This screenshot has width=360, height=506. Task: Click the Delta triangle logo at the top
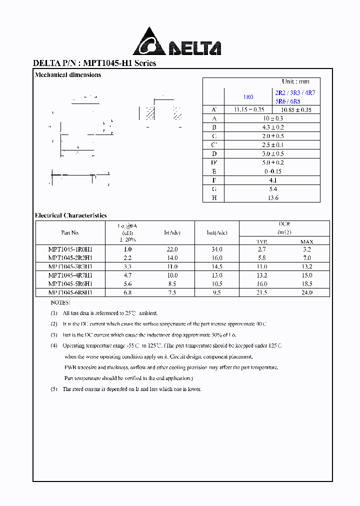tap(149, 42)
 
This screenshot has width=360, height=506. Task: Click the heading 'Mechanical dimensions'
tap(68, 75)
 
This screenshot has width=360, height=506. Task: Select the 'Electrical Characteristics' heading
tap(70, 215)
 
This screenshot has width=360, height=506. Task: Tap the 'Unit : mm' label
tap(295, 81)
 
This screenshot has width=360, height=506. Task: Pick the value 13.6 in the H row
tap(272, 198)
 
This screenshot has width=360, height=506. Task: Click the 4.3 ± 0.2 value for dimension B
tap(272, 127)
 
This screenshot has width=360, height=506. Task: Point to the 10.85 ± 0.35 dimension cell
tap(296, 109)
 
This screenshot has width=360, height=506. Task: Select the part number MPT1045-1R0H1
tap(70, 249)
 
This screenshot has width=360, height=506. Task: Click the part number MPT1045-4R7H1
tap(70, 275)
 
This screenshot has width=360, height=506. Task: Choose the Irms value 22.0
tap(172, 249)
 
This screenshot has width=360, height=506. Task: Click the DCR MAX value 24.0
tap(306, 292)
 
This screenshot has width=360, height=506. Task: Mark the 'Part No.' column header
tap(70, 232)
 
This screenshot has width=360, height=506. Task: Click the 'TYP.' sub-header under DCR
tap(262, 241)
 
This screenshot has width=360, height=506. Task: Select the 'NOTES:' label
tap(60, 303)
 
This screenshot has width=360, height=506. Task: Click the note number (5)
tap(54, 389)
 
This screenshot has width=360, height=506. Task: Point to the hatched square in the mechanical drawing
tap(150, 112)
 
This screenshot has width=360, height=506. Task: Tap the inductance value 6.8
tap(127, 292)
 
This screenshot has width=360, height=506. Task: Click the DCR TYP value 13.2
tap(262, 275)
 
